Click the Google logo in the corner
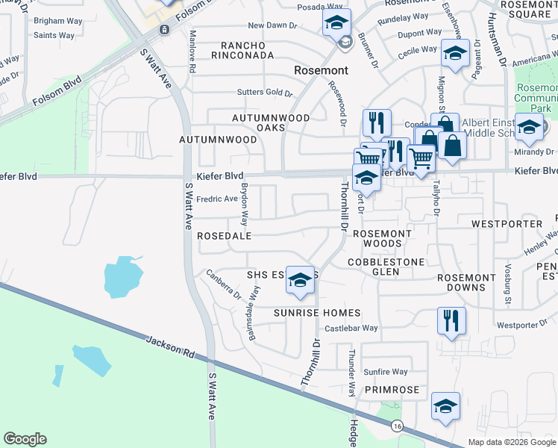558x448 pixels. pos(25,439)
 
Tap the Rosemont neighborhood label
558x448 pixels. pos(321,70)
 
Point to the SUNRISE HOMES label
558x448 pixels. pos(317,313)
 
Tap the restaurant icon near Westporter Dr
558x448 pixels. pos(451,321)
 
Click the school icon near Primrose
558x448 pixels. pos(445,407)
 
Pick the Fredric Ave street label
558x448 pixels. pos(216,199)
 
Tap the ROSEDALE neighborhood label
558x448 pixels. pos(225,235)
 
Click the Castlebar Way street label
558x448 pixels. pos(351,328)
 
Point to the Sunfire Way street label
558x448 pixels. pos(386,372)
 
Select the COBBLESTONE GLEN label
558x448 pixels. pos(386,267)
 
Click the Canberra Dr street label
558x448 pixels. pos(224,284)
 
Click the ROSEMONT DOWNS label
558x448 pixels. pos(466,283)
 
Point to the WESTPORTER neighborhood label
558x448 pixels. pos(507,223)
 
